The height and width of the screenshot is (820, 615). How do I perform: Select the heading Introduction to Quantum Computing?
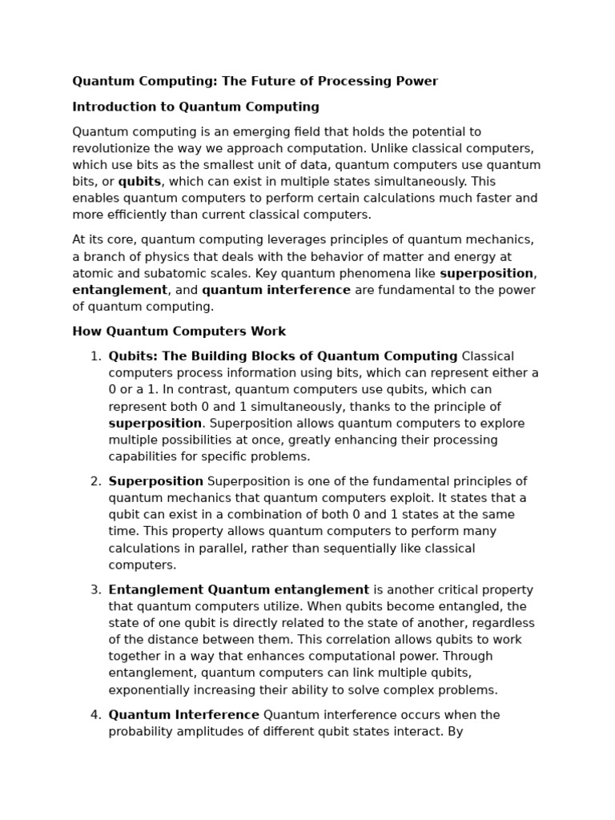coord(195,107)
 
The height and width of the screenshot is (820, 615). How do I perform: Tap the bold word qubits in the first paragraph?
coord(139,182)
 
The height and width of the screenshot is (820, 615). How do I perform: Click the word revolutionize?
coord(112,148)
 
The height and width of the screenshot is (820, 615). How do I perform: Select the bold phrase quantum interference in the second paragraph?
coord(275,290)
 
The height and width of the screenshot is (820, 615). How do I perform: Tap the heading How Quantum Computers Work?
coord(179,332)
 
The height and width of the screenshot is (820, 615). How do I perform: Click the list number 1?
coord(94,356)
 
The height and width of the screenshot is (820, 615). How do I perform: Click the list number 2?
coord(94,481)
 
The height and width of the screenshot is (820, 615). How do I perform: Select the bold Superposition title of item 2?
coord(155,481)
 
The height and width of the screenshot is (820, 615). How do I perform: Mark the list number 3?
coord(94,590)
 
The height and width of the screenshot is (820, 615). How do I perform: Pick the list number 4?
coord(94,715)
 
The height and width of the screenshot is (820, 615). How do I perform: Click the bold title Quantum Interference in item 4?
coord(183,715)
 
